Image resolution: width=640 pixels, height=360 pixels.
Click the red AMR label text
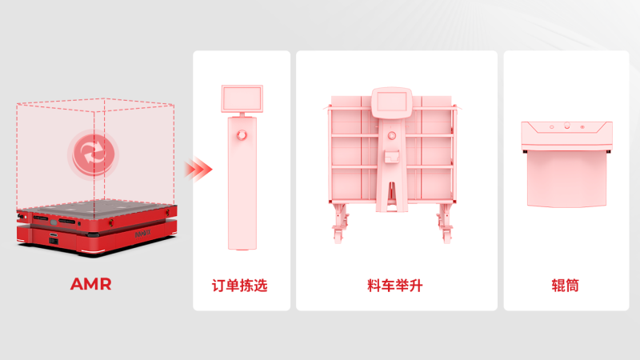90,284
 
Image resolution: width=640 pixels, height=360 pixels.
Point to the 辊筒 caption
565,284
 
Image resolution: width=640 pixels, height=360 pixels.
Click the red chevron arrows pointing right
198,169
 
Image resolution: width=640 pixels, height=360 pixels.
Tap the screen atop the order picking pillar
241,98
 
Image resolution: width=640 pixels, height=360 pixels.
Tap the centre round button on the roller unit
566,126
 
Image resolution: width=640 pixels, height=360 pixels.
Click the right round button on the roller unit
582,126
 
